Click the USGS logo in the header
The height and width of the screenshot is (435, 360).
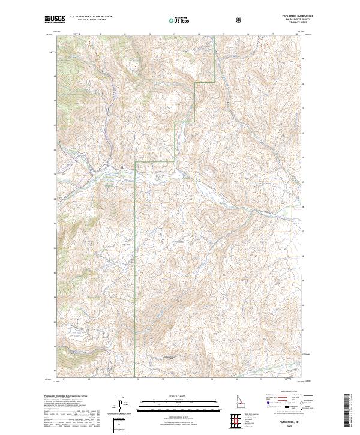[55, 19]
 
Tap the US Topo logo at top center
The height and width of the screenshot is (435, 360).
[180, 20]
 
